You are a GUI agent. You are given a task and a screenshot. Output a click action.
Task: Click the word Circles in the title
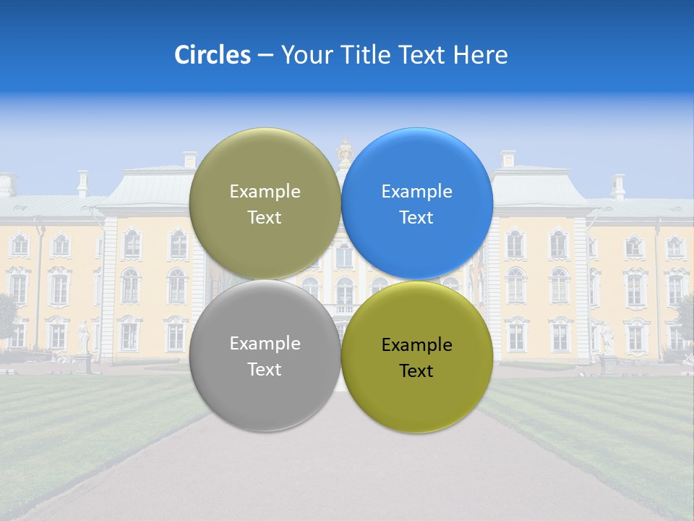pos(212,55)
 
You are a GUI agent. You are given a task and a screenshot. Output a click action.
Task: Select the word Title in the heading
pos(367,55)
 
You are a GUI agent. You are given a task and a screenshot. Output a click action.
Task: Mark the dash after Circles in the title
pos(265,56)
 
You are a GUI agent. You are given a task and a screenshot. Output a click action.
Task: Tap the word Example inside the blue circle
pos(416,192)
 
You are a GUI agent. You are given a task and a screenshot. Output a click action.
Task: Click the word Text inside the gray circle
pos(265,370)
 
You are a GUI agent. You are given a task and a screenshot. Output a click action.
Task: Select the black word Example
pos(416,345)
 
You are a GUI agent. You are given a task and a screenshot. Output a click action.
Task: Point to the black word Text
pos(416,371)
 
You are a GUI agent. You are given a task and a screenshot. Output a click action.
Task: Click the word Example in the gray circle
pos(265,344)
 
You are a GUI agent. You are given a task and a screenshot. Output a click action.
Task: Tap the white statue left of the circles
pos(84,339)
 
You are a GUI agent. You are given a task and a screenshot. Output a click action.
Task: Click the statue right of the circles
pos(607,340)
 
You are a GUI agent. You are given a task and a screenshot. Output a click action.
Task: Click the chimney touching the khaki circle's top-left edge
pos(189,159)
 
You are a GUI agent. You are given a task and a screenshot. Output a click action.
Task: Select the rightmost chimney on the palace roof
pos(618,186)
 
